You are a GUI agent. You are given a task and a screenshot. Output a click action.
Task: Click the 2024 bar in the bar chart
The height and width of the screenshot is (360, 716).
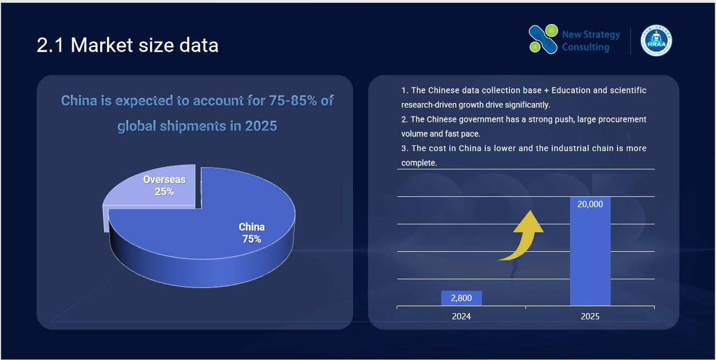tap(461, 298)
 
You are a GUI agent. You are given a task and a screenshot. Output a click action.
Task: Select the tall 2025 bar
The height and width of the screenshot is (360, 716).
tap(590, 251)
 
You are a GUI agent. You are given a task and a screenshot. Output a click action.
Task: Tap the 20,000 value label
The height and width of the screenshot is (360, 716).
tap(590, 204)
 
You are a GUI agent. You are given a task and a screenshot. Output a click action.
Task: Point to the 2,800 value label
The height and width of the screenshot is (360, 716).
tap(461, 298)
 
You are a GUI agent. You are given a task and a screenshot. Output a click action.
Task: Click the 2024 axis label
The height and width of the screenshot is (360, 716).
tap(461, 316)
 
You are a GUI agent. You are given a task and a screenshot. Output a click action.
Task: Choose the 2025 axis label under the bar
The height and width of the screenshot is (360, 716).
tap(590, 316)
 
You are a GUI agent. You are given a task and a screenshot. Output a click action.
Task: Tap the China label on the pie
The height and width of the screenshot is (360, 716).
tap(252, 227)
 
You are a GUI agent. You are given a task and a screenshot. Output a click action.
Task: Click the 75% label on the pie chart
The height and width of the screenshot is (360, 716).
tap(252, 239)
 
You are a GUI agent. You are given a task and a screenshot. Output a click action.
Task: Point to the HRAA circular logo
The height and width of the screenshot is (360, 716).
tap(656, 41)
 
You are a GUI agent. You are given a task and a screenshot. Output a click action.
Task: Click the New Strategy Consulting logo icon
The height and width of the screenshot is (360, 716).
tap(543, 39)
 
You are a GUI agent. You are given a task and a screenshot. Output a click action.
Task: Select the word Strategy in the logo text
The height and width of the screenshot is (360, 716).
tap(602, 34)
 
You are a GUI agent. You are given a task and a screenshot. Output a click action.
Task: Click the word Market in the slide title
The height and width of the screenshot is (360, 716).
tap(102, 45)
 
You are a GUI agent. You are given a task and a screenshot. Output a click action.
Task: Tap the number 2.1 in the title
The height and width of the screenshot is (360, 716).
tap(50, 45)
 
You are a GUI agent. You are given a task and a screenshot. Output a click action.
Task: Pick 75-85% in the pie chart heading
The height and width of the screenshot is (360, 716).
tap(293, 101)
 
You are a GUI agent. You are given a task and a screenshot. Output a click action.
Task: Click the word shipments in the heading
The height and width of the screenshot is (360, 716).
tap(193, 126)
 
